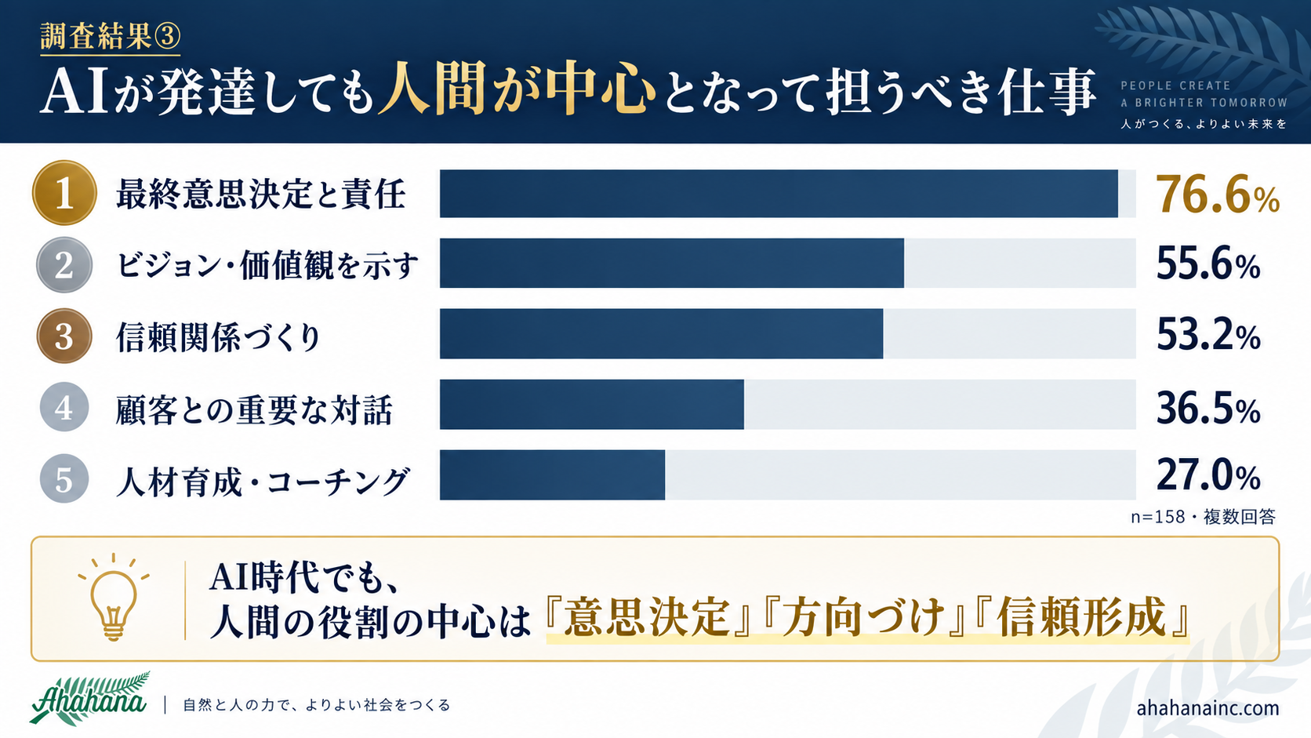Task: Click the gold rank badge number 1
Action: (x=64, y=193)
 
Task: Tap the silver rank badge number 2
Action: (x=64, y=264)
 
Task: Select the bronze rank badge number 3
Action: (x=64, y=336)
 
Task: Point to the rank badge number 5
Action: (x=64, y=478)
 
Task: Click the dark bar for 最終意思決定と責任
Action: (x=779, y=194)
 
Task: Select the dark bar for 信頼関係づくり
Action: (x=661, y=333)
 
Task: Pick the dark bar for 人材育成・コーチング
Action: (x=553, y=475)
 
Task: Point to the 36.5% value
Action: (x=1208, y=409)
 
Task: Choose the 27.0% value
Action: (x=1208, y=475)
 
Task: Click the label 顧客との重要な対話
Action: (x=254, y=409)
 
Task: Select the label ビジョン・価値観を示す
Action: (x=267, y=266)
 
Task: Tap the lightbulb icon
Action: (x=114, y=598)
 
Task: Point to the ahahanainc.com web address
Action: (x=1207, y=708)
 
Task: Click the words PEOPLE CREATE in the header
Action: (x=1175, y=85)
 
